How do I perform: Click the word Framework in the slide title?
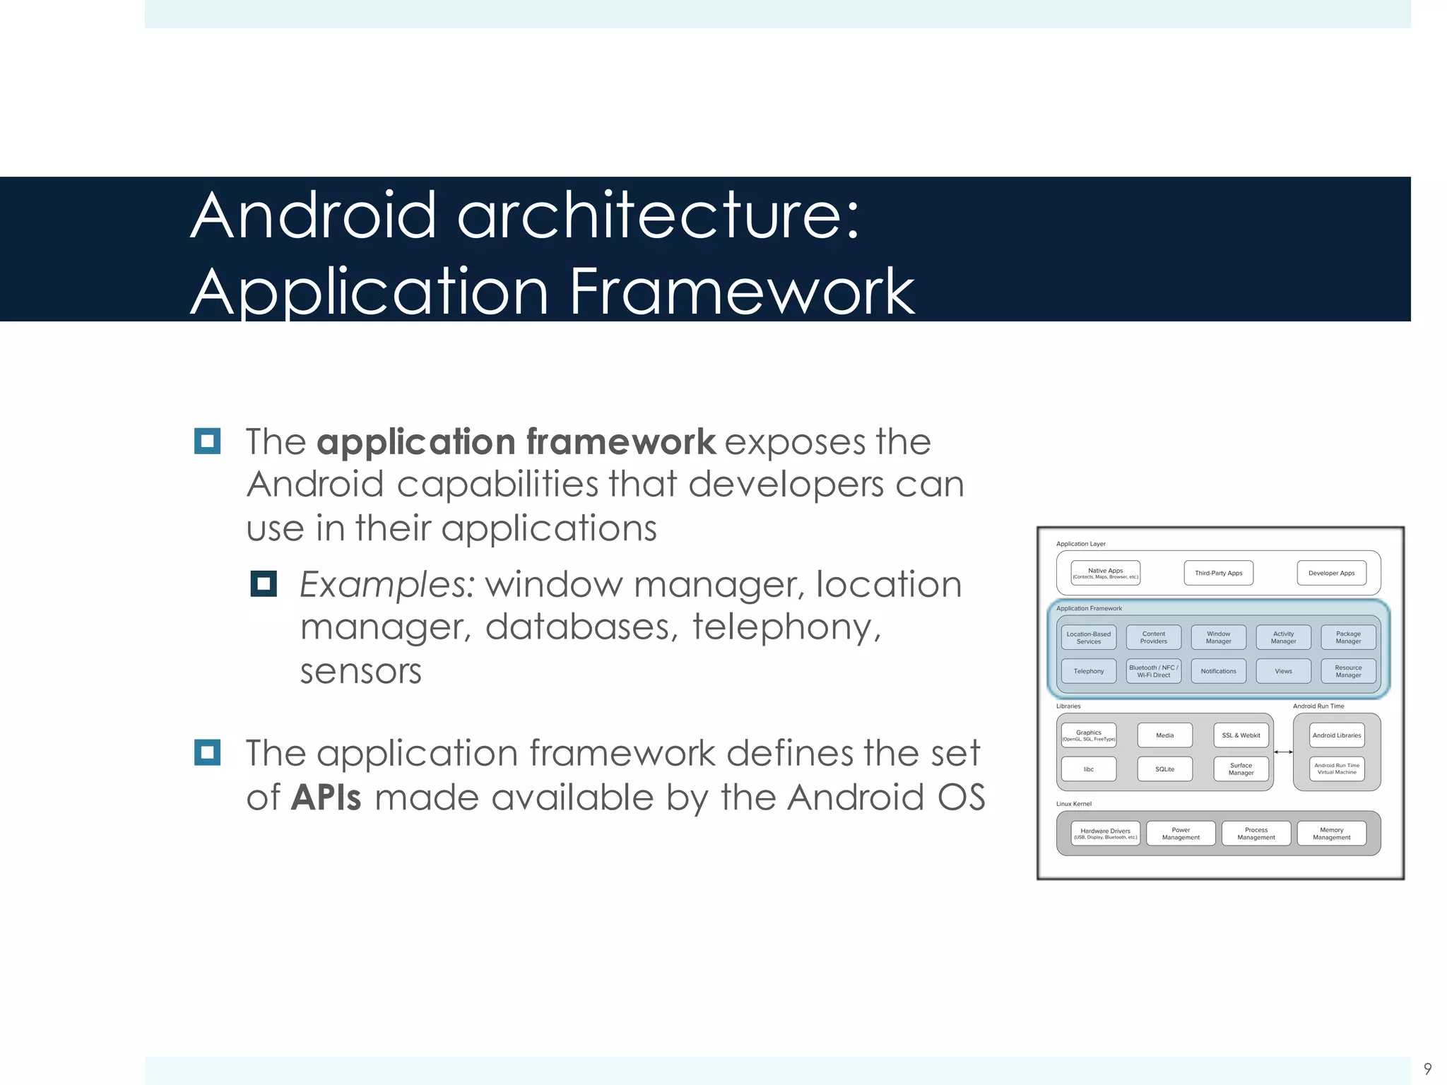(x=741, y=292)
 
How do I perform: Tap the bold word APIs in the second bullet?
(x=326, y=798)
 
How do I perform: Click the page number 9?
(x=1427, y=1069)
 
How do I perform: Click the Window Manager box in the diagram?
(x=1218, y=637)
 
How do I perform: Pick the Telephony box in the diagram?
(x=1088, y=671)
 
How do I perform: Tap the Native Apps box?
(x=1105, y=573)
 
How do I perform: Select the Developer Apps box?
(x=1331, y=573)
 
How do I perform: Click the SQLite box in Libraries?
(x=1164, y=769)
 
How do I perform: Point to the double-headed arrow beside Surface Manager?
(x=1283, y=752)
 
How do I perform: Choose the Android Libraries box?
(x=1336, y=735)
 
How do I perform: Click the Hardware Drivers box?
(x=1105, y=834)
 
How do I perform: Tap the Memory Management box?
(x=1331, y=834)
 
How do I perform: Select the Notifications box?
(x=1218, y=671)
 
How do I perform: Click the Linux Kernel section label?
(x=1073, y=804)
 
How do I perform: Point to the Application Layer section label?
(x=1080, y=544)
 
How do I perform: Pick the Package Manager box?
(x=1348, y=637)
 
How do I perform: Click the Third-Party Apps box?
(x=1218, y=573)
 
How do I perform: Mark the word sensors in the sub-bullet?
(x=360, y=671)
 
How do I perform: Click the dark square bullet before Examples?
(x=264, y=584)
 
